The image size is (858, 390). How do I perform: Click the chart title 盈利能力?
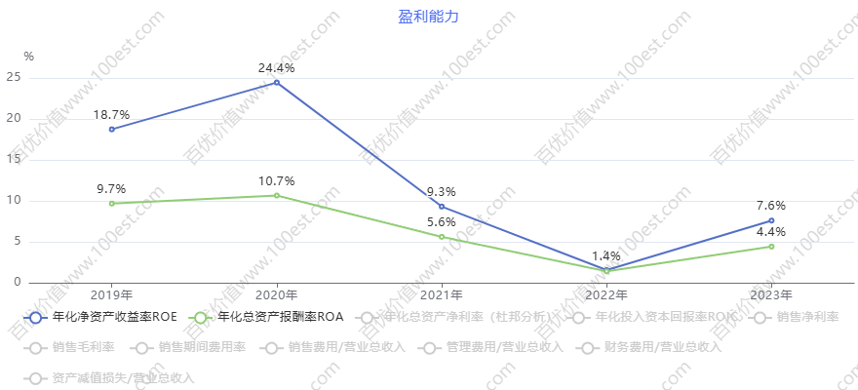[428, 17]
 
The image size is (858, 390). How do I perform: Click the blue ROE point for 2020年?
[277, 83]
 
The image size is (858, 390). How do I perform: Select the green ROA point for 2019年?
[111, 203]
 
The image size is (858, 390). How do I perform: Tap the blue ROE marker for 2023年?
[771, 220]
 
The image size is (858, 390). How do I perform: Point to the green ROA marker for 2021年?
[442, 237]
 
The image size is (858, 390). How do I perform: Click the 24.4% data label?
[277, 68]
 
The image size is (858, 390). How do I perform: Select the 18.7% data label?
[111, 115]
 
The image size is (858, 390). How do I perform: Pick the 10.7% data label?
[277, 181]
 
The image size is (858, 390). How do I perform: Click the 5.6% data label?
[442, 222]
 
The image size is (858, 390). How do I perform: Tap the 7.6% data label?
[771, 206]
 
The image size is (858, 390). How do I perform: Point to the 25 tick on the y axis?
[13, 78]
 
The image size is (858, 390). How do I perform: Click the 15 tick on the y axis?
[13, 160]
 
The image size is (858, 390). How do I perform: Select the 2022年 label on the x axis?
[606, 294]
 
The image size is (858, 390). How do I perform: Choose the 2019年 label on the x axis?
[111, 294]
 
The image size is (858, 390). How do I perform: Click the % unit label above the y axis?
[28, 57]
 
